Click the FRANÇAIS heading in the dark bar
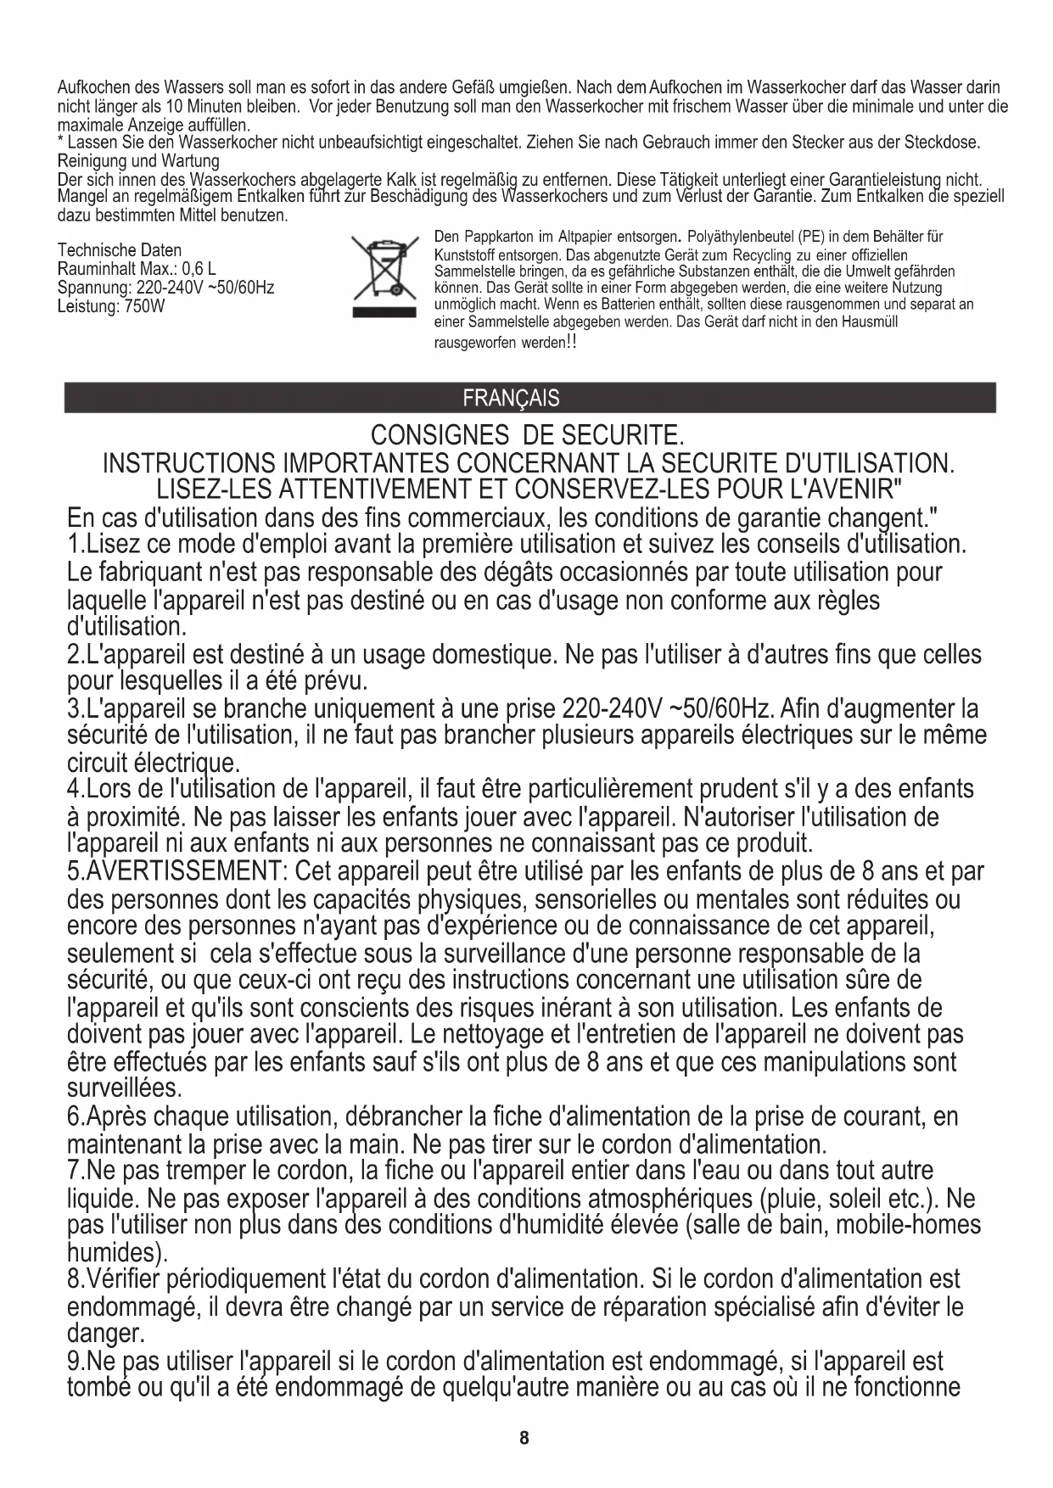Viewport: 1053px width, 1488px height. (511, 398)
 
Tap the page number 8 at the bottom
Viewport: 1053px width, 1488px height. (524, 1437)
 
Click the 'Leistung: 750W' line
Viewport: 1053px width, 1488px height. (110, 306)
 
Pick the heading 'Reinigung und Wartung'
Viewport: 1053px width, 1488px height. (137, 161)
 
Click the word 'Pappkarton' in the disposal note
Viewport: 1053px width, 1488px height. (500, 236)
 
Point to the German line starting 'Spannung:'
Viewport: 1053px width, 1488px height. (165, 288)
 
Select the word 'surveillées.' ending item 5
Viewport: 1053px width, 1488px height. (124, 1088)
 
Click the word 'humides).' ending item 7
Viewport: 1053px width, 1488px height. (117, 1251)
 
